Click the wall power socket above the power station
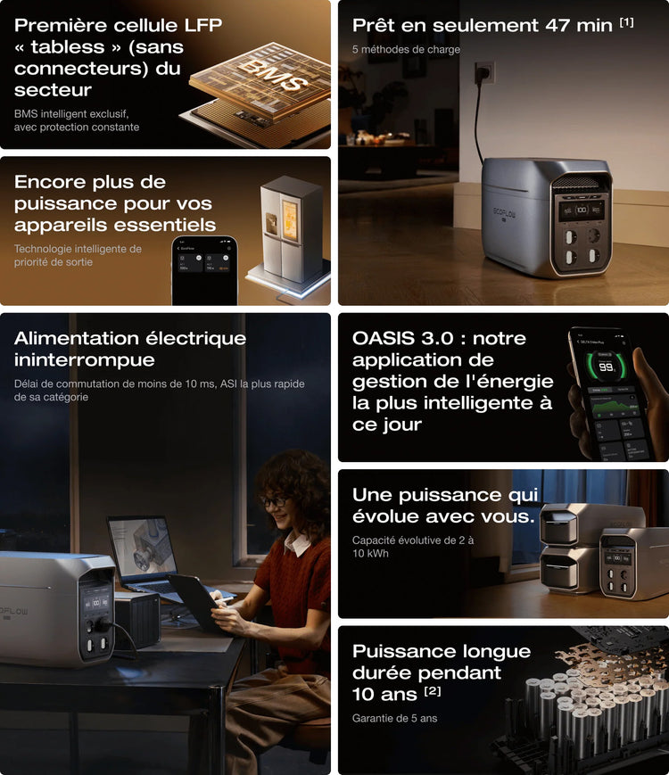pos(484,72)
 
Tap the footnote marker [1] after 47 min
pos(626,22)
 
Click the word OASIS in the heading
pos(384,339)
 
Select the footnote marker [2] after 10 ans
pos(433,690)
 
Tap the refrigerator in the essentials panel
pos(291,229)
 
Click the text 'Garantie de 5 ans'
pos(394,718)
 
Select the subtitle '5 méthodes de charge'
pos(406,49)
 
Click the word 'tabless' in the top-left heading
pos(68,47)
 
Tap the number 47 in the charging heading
pos(557,25)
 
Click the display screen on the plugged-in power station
pos(581,210)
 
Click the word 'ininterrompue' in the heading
pos(84,359)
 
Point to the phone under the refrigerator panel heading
pos(204,270)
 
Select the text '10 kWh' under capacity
pos(370,553)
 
